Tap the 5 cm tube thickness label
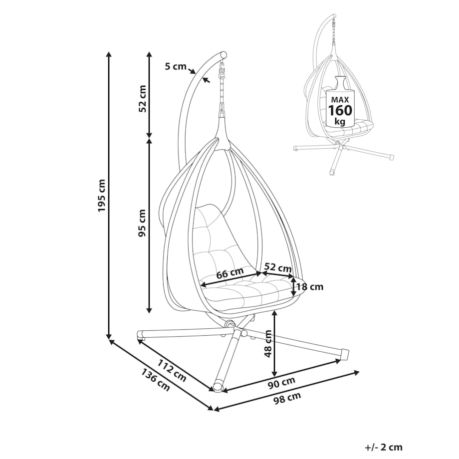tap(176, 66)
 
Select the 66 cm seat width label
tap(229, 273)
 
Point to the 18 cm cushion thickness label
tap(309, 287)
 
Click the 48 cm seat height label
tap(268, 344)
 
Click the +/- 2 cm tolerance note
tap(383, 447)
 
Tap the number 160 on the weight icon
tap(341, 110)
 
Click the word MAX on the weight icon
tap(340, 100)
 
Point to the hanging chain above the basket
tap(222, 95)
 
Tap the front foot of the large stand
tap(218, 387)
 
